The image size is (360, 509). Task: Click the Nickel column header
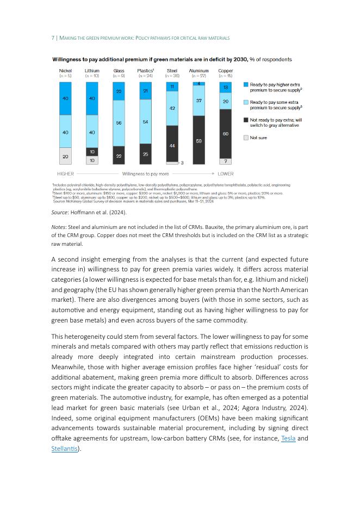click(65, 71)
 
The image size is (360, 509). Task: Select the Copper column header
click(225, 71)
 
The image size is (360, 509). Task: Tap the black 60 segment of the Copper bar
click(225, 133)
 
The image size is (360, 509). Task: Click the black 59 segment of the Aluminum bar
click(198, 140)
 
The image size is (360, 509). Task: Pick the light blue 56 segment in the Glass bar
click(119, 123)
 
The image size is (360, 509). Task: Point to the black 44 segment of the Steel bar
click(172, 145)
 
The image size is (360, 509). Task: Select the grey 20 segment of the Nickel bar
click(65, 156)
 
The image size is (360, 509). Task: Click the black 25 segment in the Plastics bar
click(145, 154)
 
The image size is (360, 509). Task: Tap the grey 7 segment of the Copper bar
click(225, 161)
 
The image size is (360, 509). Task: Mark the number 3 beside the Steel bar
click(182, 163)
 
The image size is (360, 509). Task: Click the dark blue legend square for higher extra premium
click(246, 85)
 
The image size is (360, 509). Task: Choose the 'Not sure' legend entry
click(258, 138)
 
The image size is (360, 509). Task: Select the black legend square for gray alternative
click(246, 120)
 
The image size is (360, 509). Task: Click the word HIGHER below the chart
click(65, 174)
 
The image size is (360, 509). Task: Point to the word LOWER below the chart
click(225, 174)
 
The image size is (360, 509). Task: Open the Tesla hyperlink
click(288, 438)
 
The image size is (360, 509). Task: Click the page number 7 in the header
click(53, 38)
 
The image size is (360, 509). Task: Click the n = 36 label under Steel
click(172, 76)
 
